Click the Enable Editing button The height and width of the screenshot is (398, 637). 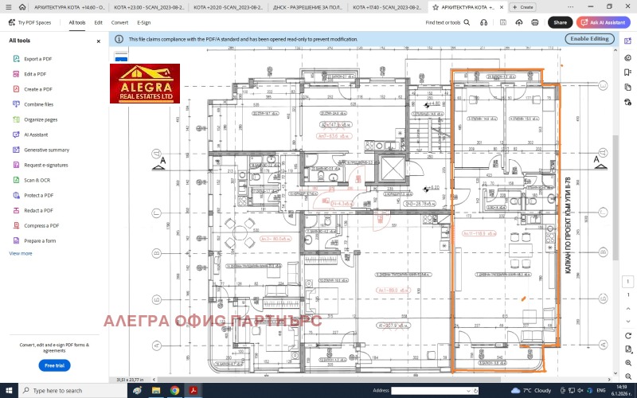click(589, 38)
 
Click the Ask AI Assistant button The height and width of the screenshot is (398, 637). click(603, 22)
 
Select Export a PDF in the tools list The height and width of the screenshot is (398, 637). click(37, 59)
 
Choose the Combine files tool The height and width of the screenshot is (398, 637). click(38, 104)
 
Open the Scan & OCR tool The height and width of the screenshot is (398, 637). click(37, 180)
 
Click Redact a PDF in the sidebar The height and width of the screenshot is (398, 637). click(38, 210)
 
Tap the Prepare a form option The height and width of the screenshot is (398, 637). click(40, 240)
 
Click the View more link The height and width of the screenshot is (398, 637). click(21, 253)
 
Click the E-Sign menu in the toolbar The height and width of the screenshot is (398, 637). click(143, 22)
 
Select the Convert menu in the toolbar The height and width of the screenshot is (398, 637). click(119, 22)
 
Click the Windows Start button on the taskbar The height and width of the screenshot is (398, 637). click(8, 390)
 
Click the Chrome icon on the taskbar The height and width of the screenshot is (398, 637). click(174, 390)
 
